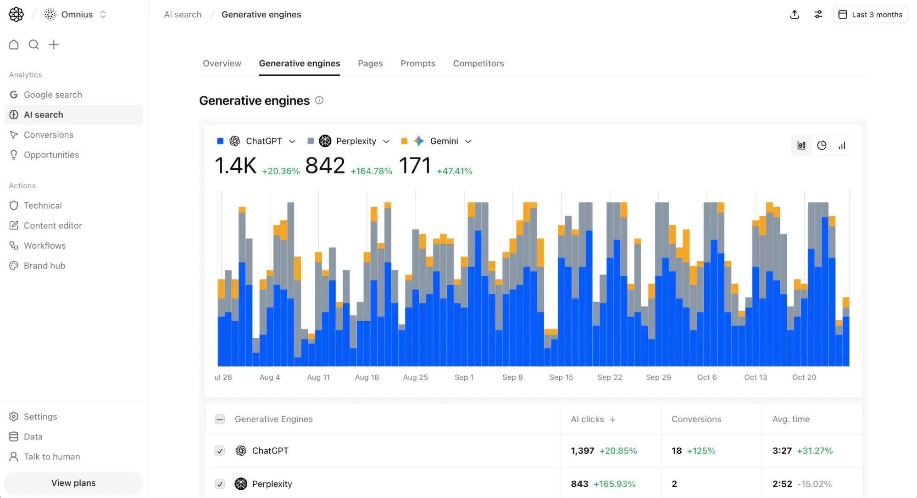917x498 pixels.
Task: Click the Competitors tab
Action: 478,63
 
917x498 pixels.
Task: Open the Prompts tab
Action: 417,63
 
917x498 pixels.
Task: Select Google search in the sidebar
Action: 53,95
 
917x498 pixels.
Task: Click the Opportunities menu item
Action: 51,155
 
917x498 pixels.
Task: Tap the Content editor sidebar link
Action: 52,225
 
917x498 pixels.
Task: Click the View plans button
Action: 73,483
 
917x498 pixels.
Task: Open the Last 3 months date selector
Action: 870,15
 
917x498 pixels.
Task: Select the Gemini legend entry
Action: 443,141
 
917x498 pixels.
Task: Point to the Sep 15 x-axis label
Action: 561,377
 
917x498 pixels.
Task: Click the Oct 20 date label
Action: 804,377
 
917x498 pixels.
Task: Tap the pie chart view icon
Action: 822,145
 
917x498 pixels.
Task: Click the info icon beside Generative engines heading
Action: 319,101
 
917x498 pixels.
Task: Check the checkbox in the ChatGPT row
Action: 220,451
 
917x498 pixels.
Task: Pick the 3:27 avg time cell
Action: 782,451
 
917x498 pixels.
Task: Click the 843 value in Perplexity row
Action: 579,484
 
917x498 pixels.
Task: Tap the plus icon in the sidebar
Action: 54,45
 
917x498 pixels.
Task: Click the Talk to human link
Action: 51,457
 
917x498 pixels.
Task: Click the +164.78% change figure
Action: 371,171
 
